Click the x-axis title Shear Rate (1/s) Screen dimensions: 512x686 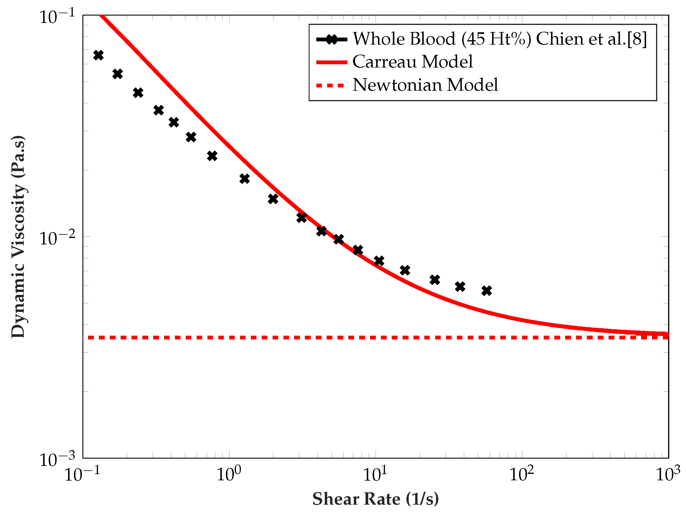pos(376,499)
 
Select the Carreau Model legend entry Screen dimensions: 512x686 pos(413,62)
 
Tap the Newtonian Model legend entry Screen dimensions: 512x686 pos(425,85)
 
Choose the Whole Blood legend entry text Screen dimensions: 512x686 pos(499,39)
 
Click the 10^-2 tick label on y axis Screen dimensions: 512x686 pos(57,238)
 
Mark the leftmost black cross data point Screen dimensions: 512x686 pos(98,55)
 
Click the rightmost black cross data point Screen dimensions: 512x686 pos(486,290)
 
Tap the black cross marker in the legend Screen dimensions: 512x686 pos(332,39)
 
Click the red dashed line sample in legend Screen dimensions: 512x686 pos(330,85)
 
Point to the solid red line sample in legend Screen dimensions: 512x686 pos(332,62)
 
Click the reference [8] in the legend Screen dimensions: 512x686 pos(637,39)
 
